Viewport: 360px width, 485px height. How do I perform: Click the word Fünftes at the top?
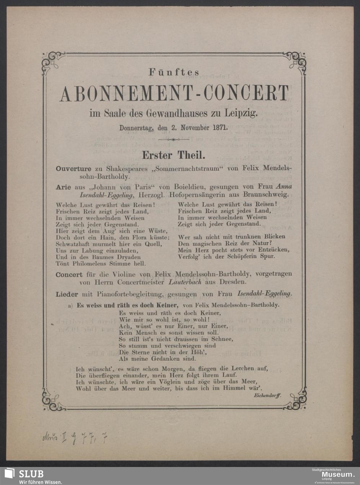174,72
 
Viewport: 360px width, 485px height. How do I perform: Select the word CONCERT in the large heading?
246,94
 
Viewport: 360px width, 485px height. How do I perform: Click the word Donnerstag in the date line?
136,127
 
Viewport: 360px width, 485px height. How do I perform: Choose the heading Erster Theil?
174,155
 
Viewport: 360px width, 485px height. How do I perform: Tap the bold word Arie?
63,187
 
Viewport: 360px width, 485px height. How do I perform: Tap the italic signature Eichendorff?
265,395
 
